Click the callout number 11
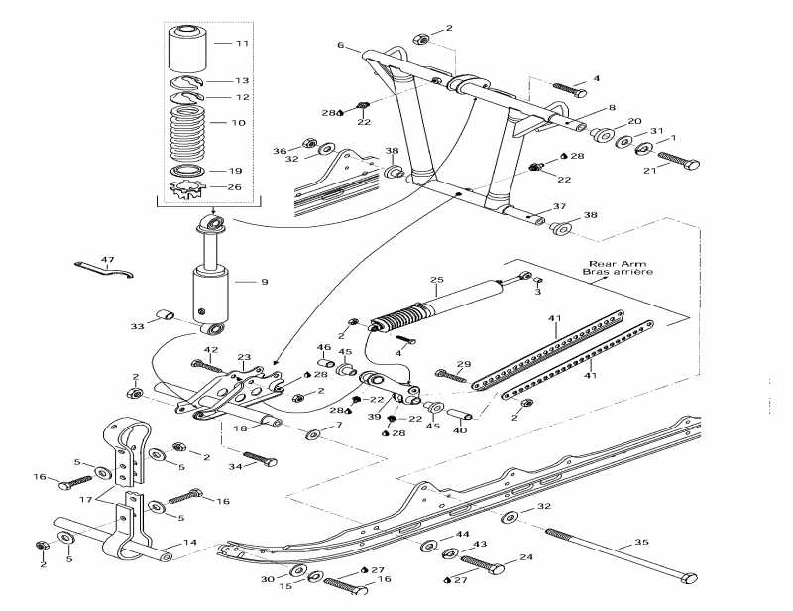pos(243,44)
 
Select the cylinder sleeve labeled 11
pos(188,47)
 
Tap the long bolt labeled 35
pos(615,552)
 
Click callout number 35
pos(641,542)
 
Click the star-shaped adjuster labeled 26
pos(186,186)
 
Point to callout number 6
pos(340,46)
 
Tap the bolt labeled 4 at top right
pos(565,87)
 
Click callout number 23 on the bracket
pos(244,357)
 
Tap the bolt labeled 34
pos(260,460)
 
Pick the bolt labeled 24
pos(481,566)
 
